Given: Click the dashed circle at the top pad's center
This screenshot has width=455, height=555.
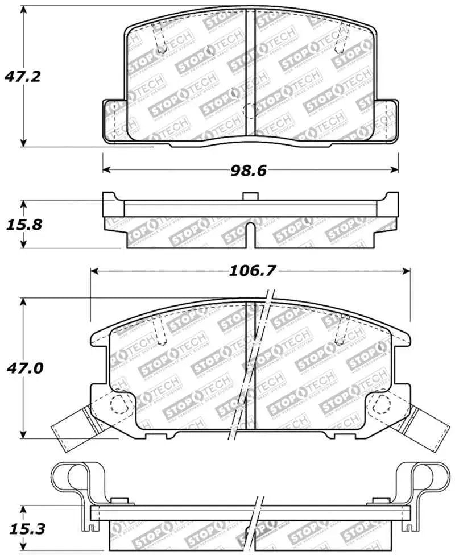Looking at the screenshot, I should click(250, 112).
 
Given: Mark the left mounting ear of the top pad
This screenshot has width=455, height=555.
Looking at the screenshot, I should click(113, 120).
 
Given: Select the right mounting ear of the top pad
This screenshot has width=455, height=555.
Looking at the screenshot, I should click(387, 120).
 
